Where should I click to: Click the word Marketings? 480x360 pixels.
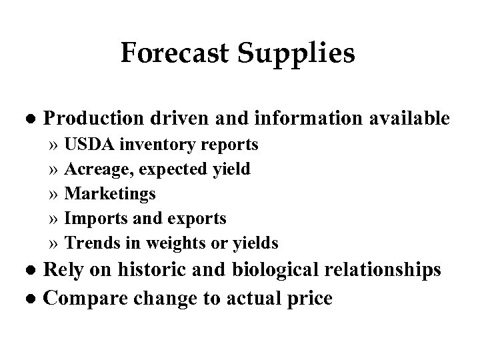tap(110, 194)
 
